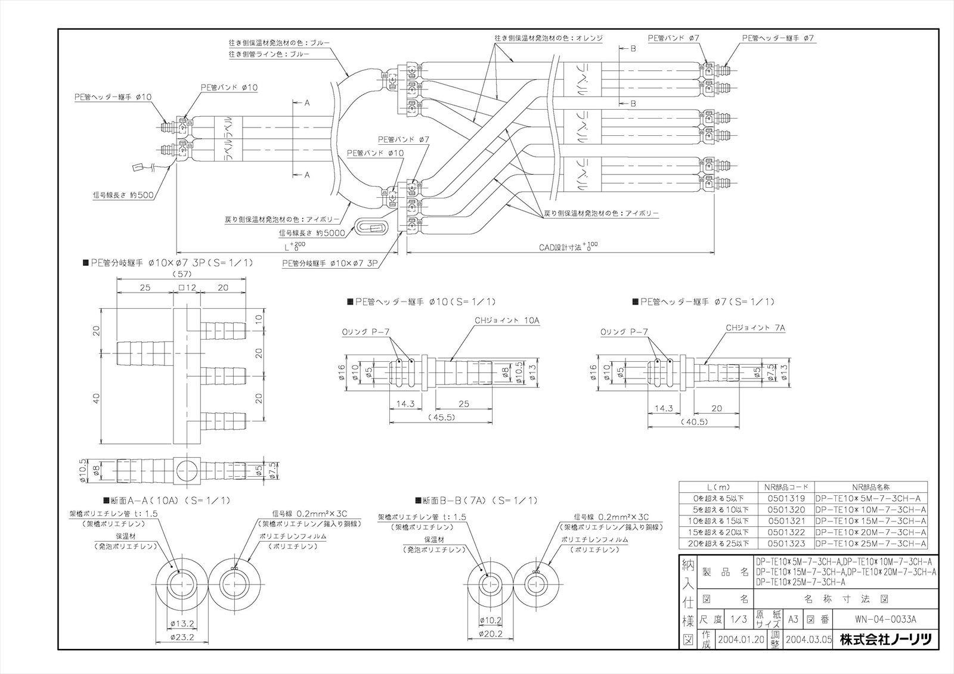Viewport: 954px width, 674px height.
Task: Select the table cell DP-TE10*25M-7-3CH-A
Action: pyautogui.click(x=871, y=543)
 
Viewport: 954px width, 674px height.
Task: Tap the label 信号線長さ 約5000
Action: pyautogui.click(x=311, y=233)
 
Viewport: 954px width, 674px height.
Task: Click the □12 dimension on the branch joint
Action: pyautogui.click(x=187, y=287)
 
